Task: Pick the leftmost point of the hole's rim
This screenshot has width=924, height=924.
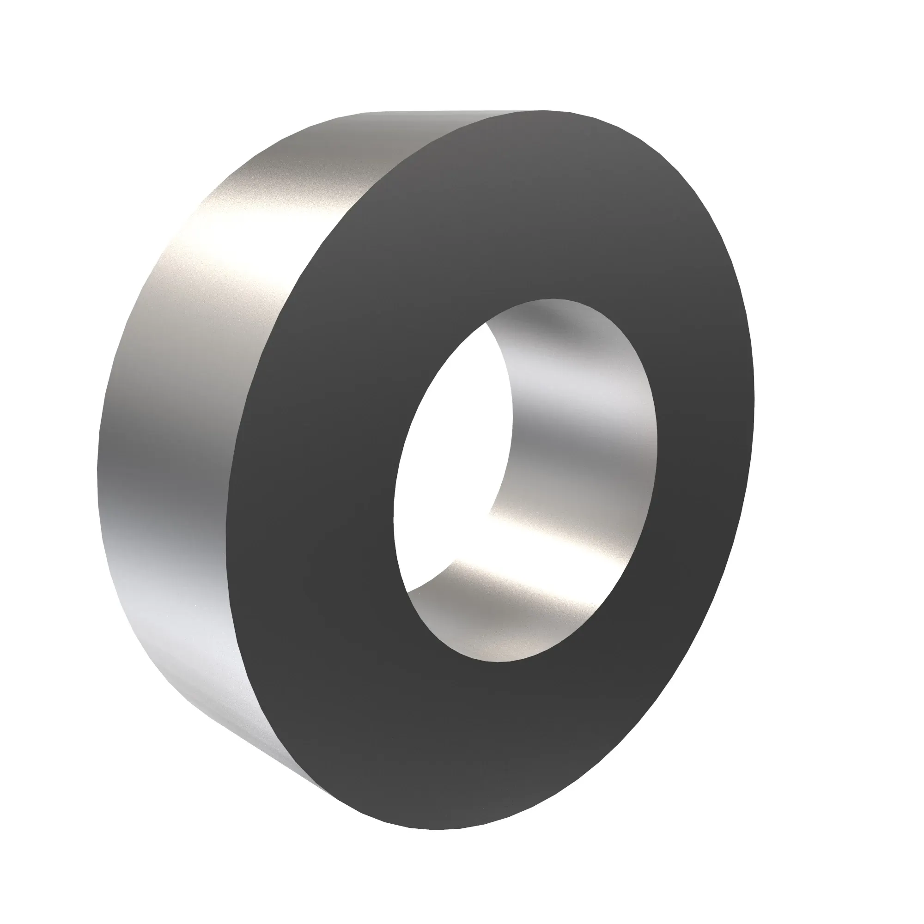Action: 394,517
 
